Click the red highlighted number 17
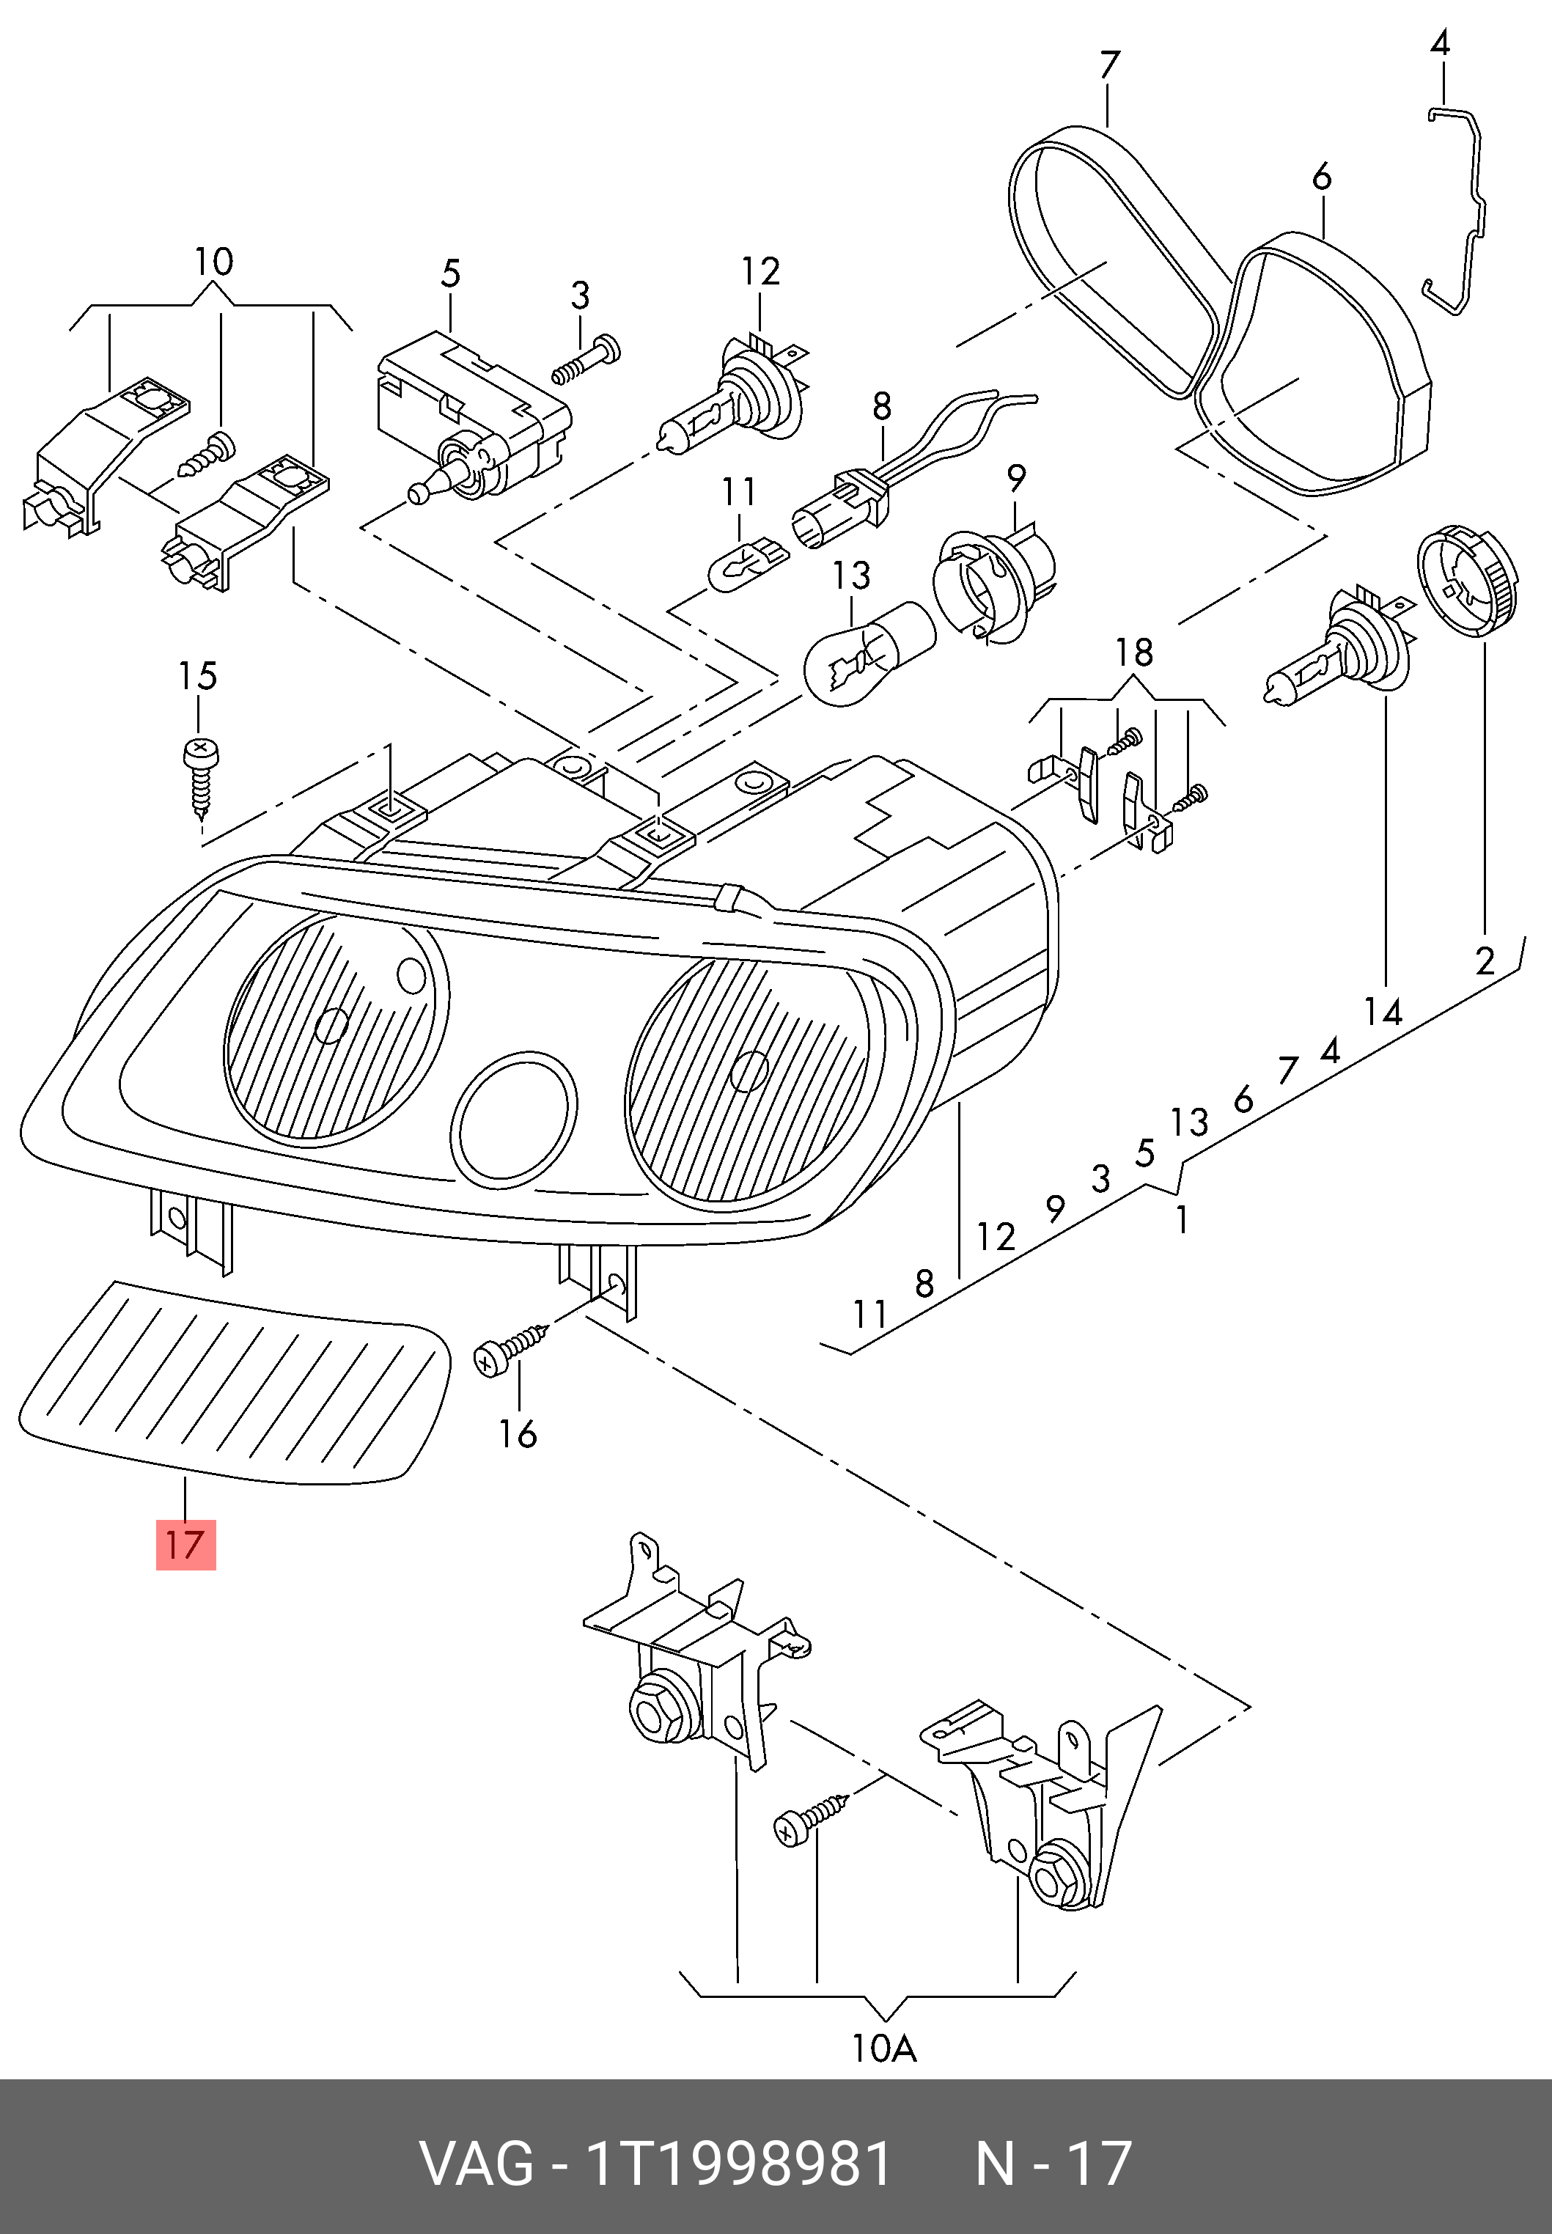tap(185, 1545)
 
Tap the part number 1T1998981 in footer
tap(737, 2163)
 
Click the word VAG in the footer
tap(476, 2163)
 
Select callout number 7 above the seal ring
tap(1108, 65)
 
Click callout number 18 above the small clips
tap(1134, 652)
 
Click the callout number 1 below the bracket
tap(1182, 1219)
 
